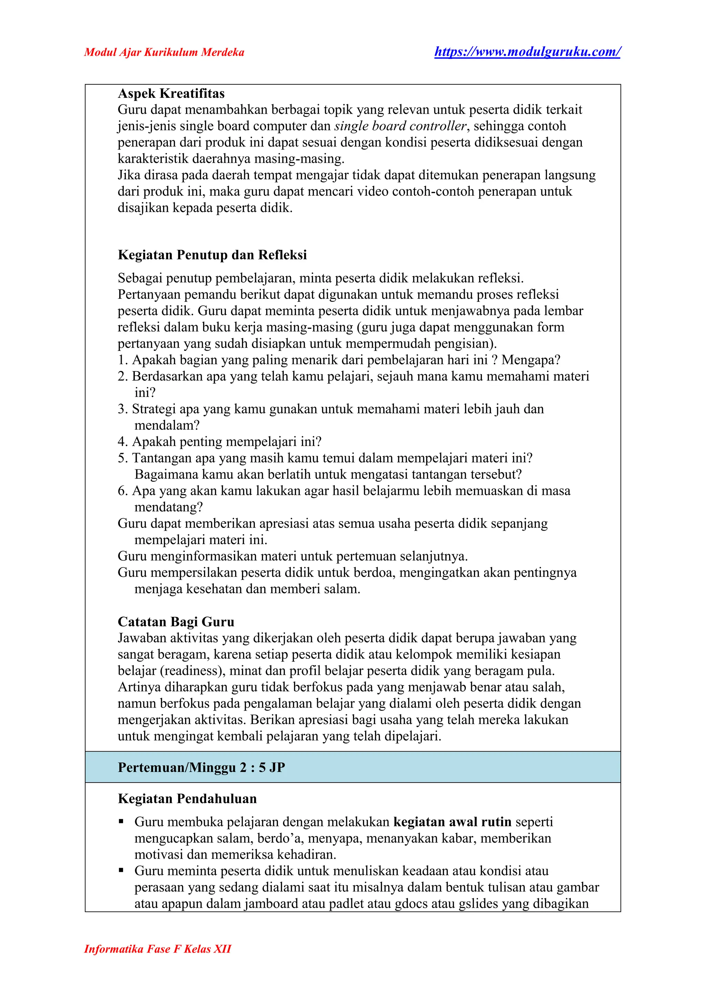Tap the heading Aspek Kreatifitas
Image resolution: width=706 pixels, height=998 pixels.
pos(171,93)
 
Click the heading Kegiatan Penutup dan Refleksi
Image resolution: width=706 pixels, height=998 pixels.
pos(212,255)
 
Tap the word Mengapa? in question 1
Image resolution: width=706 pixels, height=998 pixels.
pos(531,360)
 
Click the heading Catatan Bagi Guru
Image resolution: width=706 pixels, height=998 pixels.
pos(176,622)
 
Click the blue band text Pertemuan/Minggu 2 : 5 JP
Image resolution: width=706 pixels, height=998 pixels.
pos(201,767)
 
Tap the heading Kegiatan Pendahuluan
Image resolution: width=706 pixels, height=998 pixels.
pos(188,798)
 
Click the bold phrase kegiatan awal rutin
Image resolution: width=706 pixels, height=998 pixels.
pos(452,822)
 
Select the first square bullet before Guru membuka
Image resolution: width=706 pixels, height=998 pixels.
pos(121,822)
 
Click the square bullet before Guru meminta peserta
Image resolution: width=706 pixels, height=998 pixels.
pos(121,871)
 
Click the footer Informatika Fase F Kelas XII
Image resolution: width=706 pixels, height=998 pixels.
pos(158,949)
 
